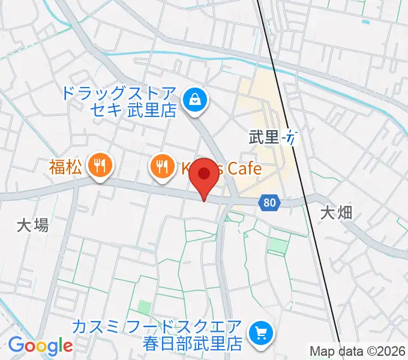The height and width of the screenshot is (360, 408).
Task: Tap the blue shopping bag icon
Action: pyautogui.click(x=195, y=100)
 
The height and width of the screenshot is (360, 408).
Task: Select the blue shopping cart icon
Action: pyautogui.click(x=261, y=331)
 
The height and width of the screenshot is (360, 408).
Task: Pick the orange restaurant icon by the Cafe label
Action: pyautogui.click(x=161, y=165)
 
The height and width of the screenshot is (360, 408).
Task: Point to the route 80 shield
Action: pyautogui.click(x=270, y=203)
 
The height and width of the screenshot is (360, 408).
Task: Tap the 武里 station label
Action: pyautogui.click(x=264, y=137)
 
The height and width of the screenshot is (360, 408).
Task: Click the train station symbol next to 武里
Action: pyautogui.click(x=290, y=137)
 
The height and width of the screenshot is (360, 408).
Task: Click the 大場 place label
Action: pyautogui.click(x=32, y=225)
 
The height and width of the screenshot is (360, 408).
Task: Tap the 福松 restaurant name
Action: pyautogui.click(x=65, y=167)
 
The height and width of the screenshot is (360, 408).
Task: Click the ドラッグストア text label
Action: pyautogui.click(x=119, y=94)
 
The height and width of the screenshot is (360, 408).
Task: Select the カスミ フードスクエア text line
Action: pyautogui.click(x=157, y=328)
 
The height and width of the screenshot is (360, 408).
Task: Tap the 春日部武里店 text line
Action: pyautogui.click(x=192, y=344)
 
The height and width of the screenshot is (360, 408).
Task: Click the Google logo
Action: pyautogui.click(x=40, y=346)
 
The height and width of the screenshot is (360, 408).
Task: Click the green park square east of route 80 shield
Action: pyautogui.click(x=278, y=245)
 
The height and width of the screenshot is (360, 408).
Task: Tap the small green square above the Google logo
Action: pyautogui.click(x=144, y=308)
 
